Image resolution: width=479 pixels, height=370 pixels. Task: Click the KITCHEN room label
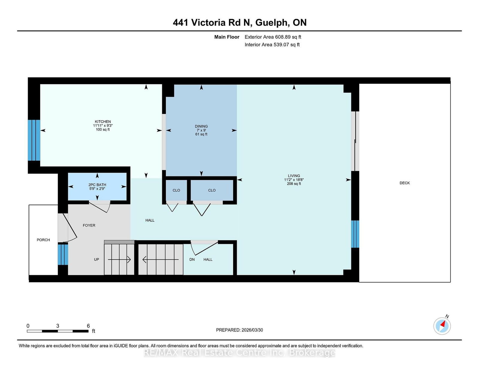tap(103, 122)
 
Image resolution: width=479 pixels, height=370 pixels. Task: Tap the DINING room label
tap(201, 127)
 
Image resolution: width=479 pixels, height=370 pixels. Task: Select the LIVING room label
tap(294, 176)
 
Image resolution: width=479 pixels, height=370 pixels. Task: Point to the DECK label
tap(404, 183)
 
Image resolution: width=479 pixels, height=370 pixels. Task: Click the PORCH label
tap(43, 240)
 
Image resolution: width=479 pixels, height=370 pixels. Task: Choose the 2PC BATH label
tap(97, 185)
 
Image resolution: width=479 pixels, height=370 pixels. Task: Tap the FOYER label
tap(89, 226)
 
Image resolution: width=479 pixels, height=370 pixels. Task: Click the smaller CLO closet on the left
tap(176, 190)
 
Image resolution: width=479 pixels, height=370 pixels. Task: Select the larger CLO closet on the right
tap(212, 190)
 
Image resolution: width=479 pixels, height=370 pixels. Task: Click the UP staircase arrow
tap(119, 260)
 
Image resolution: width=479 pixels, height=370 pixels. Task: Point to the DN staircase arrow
tap(160, 260)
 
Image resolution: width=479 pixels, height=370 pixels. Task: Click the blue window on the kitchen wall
tap(34, 140)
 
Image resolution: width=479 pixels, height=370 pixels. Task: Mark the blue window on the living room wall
tap(355, 234)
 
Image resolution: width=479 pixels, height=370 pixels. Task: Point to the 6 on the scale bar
tap(88, 326)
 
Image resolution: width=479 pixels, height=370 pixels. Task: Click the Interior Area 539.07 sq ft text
tap(272, 45)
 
